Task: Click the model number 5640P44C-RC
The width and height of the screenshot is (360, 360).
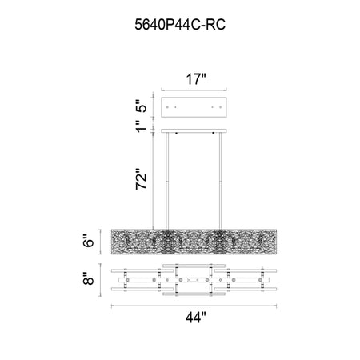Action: click(x=180, y=25)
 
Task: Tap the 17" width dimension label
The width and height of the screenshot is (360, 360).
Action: click(x=196, y=79)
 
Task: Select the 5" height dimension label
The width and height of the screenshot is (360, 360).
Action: click(x=142, y=106)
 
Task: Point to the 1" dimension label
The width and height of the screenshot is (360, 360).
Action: click(x=142, y=126)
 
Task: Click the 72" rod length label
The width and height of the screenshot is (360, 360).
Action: click(x=142, y=178)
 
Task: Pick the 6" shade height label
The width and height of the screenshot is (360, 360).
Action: click(x=89, y=241)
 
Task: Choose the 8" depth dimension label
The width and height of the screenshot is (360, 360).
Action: click(x=89, y=278)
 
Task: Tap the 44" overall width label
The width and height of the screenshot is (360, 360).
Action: click(x=196, y=318)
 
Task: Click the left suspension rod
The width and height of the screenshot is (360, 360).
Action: click(x=167, y=181)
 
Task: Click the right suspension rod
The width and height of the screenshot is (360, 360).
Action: click(x=220, y=181)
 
